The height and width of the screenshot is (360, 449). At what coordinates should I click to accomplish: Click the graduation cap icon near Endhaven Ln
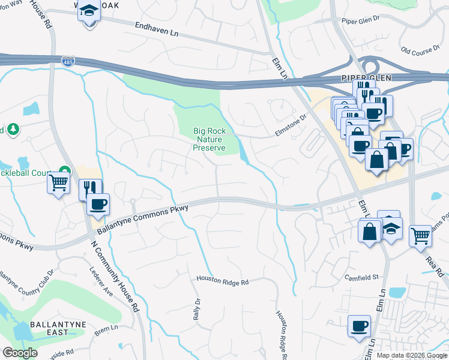pos(89,12)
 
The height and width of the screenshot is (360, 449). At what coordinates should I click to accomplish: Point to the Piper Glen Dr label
pos(361,20)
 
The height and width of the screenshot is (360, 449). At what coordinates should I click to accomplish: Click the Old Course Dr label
pos(420,52)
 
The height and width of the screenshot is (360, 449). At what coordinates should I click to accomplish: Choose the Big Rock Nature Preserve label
pos(209,139)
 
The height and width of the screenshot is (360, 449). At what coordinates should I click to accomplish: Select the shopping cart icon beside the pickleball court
pos(58,182)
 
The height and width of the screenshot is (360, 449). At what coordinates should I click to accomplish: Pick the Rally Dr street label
pos(196,309)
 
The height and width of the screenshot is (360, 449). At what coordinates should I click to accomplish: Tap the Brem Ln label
pos(106,329)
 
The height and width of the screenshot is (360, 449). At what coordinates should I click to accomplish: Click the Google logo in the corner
pos(20,353)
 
